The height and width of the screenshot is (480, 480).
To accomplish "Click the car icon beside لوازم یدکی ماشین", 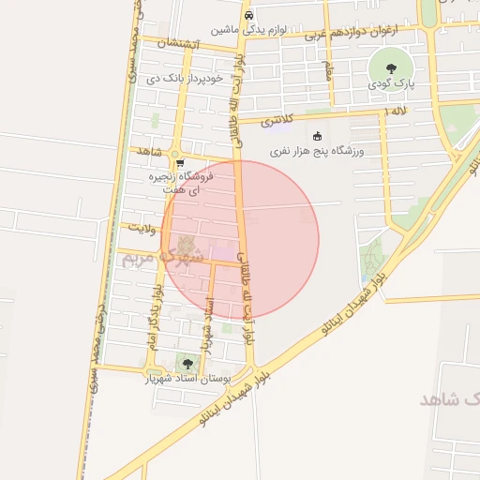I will [247, 16].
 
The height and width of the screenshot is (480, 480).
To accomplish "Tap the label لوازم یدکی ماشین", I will [247, 29].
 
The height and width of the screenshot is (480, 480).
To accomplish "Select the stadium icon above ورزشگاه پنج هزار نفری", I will [317, 136].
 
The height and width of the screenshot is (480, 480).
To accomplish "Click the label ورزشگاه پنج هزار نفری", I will [317, 150].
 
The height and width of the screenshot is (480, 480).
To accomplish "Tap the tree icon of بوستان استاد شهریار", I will [187, 364].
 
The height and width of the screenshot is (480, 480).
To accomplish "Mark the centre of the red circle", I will [240, 240].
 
